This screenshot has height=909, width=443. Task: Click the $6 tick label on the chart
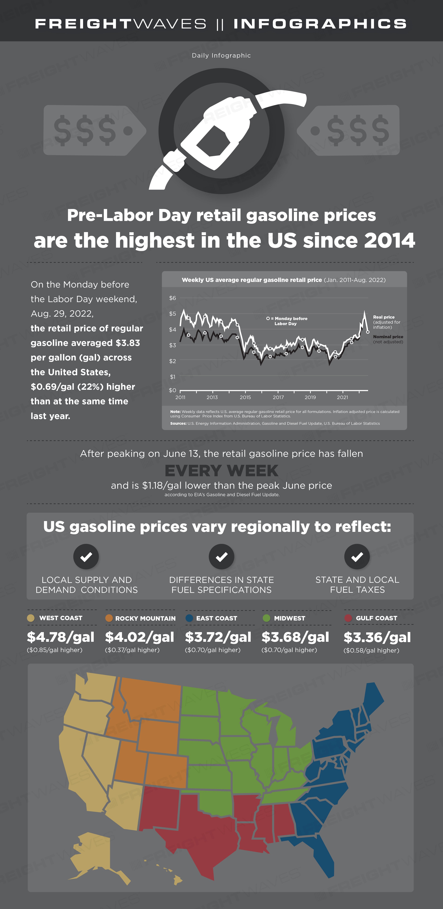[x=173, y=298]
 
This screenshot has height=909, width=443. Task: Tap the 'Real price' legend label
[x=384, y=317]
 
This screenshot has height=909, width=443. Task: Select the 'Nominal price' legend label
[x=388, y=337]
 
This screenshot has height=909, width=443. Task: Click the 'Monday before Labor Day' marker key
[x=287, y=321]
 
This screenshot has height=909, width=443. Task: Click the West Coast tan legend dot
[x=31, y=618]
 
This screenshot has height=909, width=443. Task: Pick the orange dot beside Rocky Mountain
[x=109, y=618]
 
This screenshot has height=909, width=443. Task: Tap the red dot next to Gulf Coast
[x=348, y=618]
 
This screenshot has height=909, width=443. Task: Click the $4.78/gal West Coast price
[x=61, y=637]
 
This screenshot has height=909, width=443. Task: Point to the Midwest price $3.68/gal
[x=295, y=637]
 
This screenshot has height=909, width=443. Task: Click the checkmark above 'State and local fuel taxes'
[x=357, y=557]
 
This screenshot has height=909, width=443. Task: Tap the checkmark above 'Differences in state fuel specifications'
[x=221, y=557]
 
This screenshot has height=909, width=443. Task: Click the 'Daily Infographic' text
[x=221, y=55]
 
